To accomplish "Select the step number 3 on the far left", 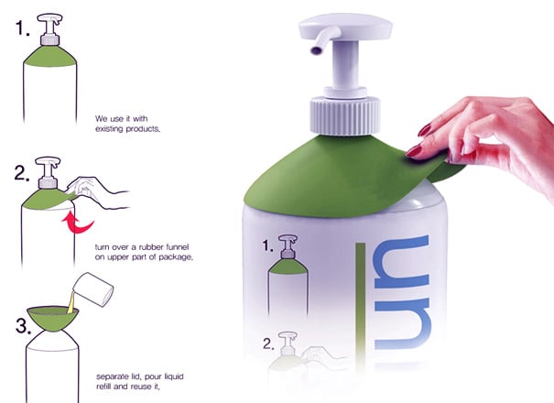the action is pyautogui.click(x=23, y=325).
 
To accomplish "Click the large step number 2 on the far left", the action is pyautogui.click(x=22, y=173).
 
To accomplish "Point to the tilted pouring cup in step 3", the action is pyautogui.click(x=93, y=289).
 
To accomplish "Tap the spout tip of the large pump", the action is pyautogui.click(x=316, y=50).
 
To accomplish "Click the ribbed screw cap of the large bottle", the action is pyautogui.click(x=345, y=116).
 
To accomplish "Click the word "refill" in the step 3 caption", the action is pyautogui.click(x=103, y=387).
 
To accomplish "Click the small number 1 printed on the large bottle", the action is pyautogui.click(x=267, y=245).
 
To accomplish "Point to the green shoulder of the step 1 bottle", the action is pyautogui.click(x=49, y=56).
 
